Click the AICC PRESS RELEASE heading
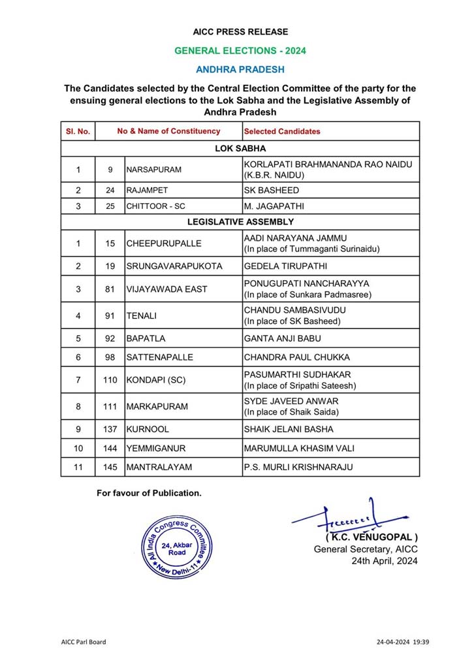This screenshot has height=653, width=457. pos(240,31)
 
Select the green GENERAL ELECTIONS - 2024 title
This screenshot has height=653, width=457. pos(240,50)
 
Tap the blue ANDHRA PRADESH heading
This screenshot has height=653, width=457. pos(240,69)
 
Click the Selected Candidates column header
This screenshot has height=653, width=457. pos(282,131)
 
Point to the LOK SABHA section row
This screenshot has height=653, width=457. pos(240,148)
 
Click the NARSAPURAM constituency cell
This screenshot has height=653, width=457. pos(154,170)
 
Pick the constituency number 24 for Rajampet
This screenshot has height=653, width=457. pos(110,191)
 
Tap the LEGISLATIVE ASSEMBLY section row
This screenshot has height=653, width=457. pos(240,222)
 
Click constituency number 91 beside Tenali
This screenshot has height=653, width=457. pos(110,316)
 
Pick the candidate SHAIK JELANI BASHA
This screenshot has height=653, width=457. pos(288,429)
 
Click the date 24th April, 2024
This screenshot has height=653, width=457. pos(384,561)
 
